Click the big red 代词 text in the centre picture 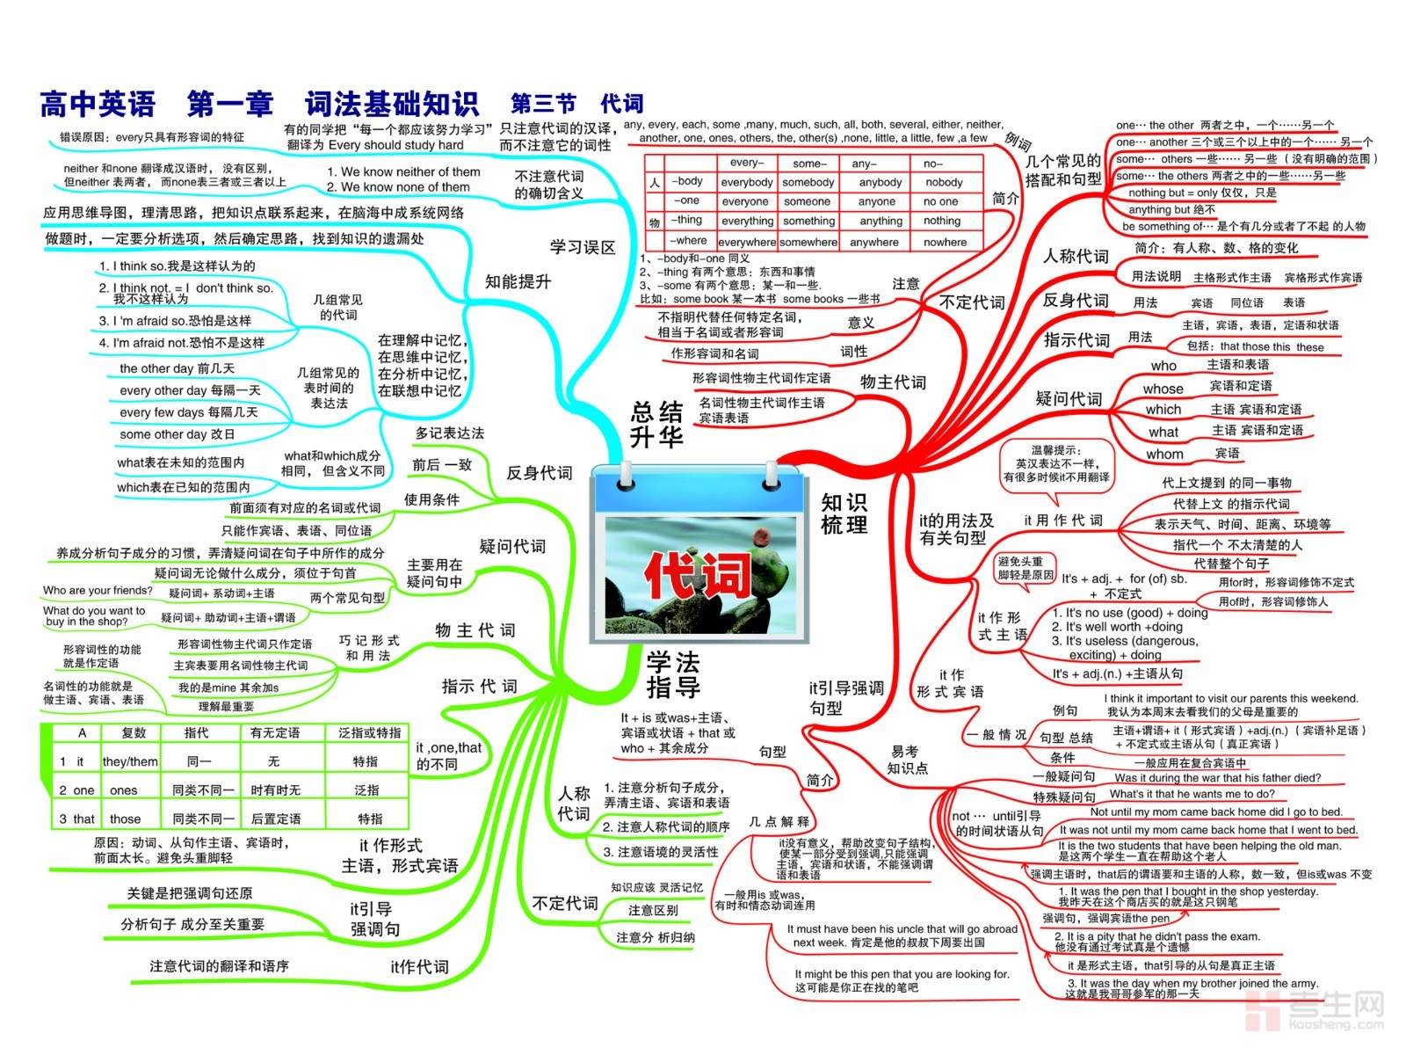pos(699,576)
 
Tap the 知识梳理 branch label pos(844,513)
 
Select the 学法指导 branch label pos(673,674)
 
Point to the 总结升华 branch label pos(656,425)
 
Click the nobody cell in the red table pos(944,182)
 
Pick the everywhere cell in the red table pos(747,242)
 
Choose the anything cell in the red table pos(881,221)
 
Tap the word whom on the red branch pos(1164,455)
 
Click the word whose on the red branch pos(1163,389)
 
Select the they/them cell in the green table pos(130,761)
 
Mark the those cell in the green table pos(125,819)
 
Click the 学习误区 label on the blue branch pos(583,247)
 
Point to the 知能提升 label pos(518,281)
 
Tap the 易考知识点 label pos(907,760)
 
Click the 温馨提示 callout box pos(1056,463)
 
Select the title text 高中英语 pos(98,105)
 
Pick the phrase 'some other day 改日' pos(178,434)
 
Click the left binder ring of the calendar pos(626,475)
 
